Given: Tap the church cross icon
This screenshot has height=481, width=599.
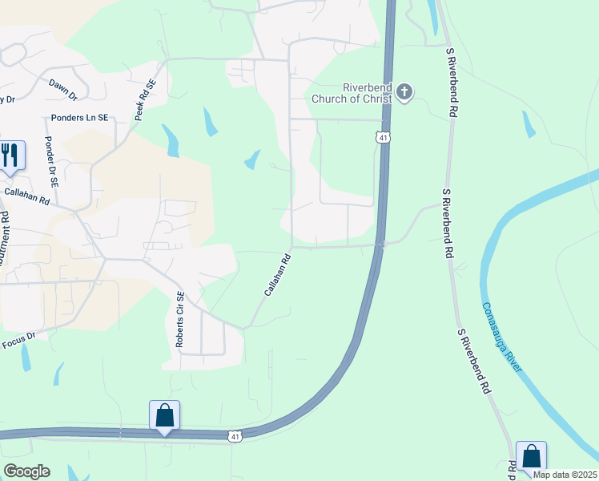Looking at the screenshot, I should click(404, 92).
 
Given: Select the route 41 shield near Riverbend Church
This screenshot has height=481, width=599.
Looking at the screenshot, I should click(384, 138).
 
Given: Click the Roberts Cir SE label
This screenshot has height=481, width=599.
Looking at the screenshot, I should click(180, 318).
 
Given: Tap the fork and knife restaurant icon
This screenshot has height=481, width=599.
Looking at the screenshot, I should click(10, 154).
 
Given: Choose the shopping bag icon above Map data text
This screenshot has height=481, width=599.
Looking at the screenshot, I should click(531, 455).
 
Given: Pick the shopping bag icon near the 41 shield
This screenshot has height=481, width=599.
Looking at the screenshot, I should click(164, 415).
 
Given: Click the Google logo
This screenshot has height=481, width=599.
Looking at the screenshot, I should click(26, 471).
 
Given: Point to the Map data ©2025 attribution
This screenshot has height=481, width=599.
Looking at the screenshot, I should click(565, 475).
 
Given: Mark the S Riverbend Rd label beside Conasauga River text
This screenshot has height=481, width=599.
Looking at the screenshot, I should click(473, 360).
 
